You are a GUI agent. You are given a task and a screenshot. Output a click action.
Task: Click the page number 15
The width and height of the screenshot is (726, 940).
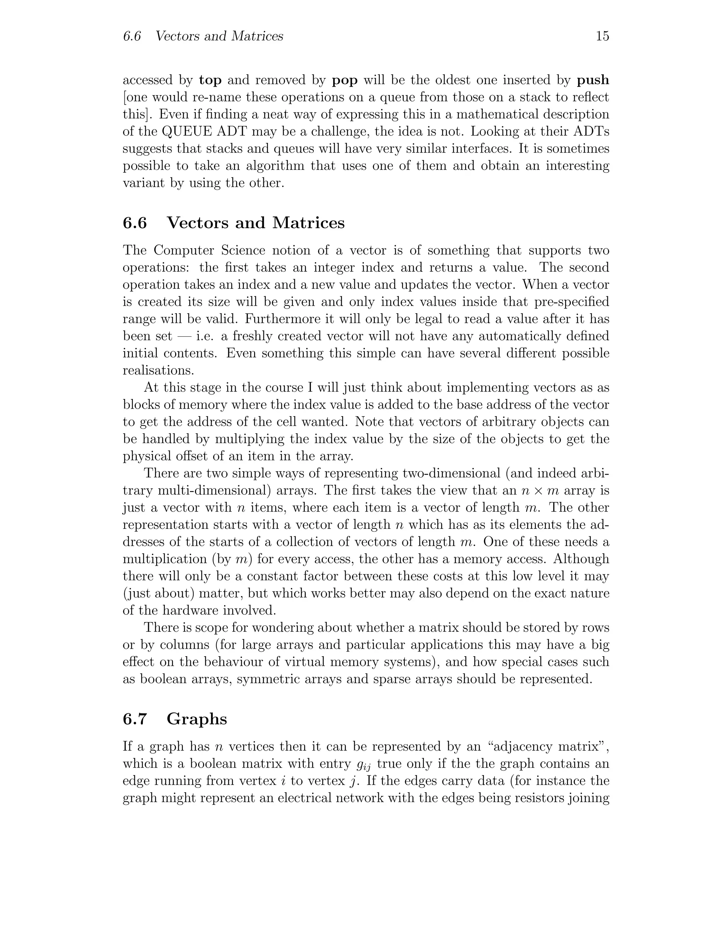tap(603, 36)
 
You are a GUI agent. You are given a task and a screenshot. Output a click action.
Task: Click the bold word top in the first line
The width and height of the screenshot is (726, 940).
tap(210, 80)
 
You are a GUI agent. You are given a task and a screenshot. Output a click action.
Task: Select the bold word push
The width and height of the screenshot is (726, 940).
tap(593, 80)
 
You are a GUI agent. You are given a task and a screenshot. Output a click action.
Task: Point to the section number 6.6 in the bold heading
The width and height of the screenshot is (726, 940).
tap(135, 223)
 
